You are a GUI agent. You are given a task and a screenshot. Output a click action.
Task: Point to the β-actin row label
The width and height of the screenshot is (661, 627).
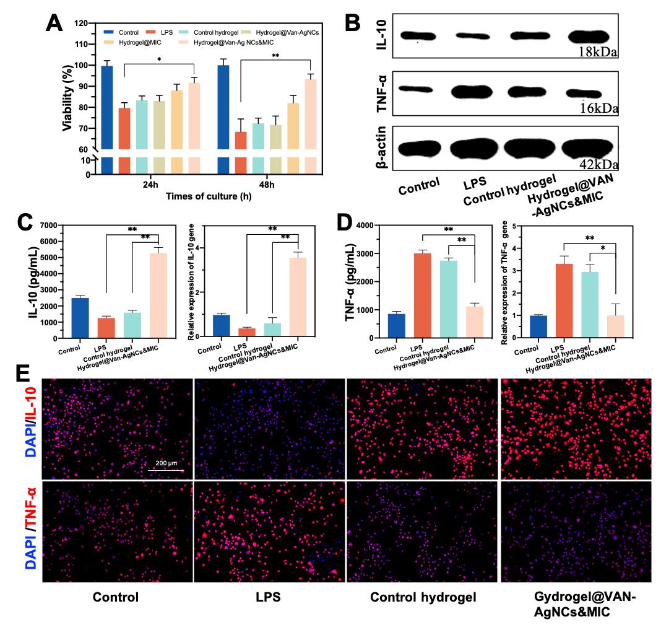(x=382, y=148)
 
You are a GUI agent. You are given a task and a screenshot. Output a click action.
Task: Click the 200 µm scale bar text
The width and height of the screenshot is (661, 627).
(x=165, y=463)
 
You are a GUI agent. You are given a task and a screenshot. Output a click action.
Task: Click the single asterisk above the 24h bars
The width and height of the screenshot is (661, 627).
(x=160, y=60)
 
